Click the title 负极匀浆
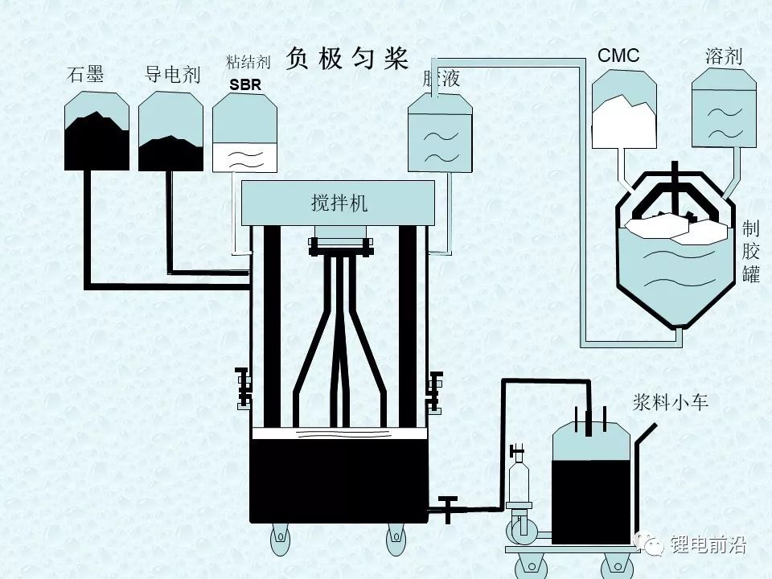tap(347, 59)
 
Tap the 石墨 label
tap(85, 76)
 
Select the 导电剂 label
tap(171, 76)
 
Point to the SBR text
tap(245, 84)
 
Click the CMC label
tap(618, 55)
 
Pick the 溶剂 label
tap(723, 55)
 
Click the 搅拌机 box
tap(339, 203)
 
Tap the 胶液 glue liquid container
tap(440, 133)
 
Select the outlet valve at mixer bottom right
tap(447, 508)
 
